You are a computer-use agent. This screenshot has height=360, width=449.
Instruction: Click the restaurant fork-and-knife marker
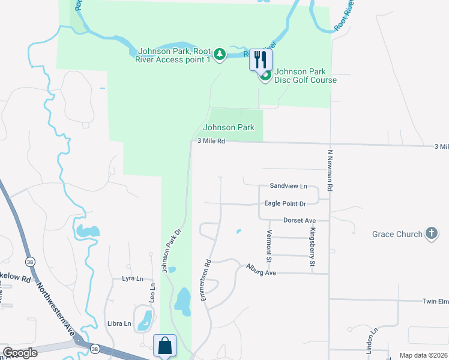261,59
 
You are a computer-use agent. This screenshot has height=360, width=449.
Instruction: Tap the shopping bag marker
164,345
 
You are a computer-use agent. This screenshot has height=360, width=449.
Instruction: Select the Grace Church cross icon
431,233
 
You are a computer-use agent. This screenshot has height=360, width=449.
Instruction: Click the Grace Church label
397,234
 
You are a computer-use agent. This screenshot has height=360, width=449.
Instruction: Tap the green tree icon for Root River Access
220,55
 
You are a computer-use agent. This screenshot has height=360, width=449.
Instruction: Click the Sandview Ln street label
288,187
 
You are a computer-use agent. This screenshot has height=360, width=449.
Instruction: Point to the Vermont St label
270,247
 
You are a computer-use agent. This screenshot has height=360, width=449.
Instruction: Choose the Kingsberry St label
312,247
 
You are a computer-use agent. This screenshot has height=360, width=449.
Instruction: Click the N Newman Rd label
330,170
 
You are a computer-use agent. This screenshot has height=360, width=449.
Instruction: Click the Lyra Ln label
133,278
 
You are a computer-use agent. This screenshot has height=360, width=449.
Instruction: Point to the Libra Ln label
119,323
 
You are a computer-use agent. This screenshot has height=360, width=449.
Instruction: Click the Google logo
20,353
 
